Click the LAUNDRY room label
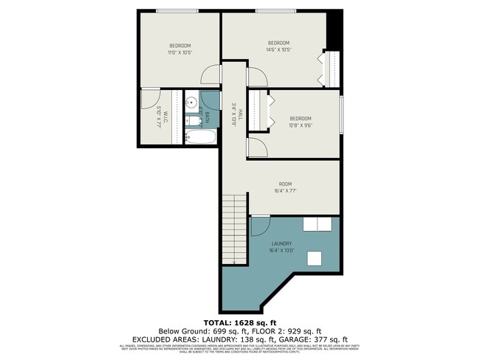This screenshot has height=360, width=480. pyautogui.click(x=281, y=243)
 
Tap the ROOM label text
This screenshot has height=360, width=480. pyautogui.click(x=285, y=184)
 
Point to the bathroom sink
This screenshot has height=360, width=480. pyautogui.click(x=190, y=103)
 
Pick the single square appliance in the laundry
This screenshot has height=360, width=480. pyautogui.click(x=315, y=258)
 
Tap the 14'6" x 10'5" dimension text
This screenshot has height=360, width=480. pyautogui.click(x=279, y=50)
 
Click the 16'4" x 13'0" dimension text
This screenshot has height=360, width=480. pyautogui.click(x=281, y=251)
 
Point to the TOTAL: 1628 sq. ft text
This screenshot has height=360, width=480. pyautogui.click(x=240, y=323)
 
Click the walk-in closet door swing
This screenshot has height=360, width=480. pyautogui.click(x=151, y=98)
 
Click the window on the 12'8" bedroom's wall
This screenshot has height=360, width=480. pyautogui.click(x=340, y=114)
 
